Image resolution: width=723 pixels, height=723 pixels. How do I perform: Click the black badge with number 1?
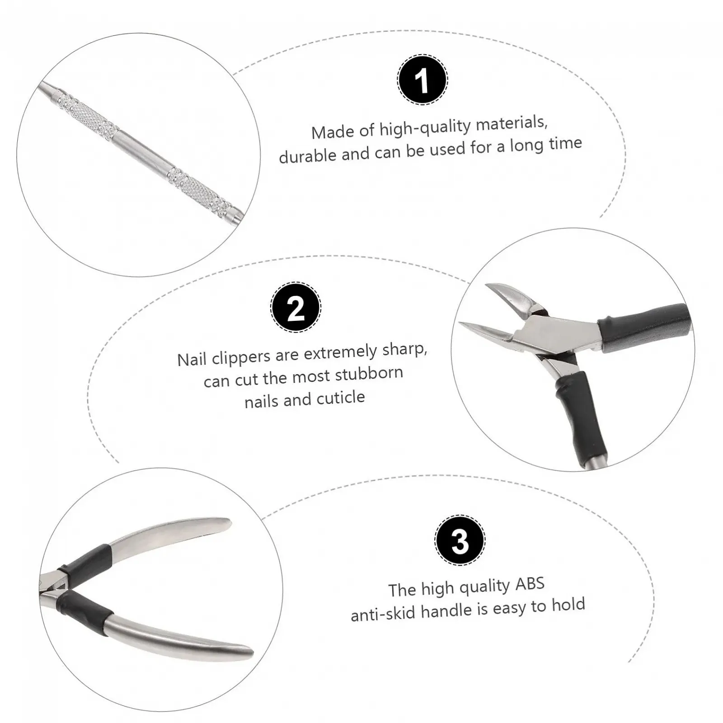(423, 80)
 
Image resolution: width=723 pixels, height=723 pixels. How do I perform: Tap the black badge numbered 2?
(296, 308)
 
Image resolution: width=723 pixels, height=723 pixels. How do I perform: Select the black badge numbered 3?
(460, 540)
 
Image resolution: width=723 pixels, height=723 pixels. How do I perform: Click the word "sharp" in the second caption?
(404, 350)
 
